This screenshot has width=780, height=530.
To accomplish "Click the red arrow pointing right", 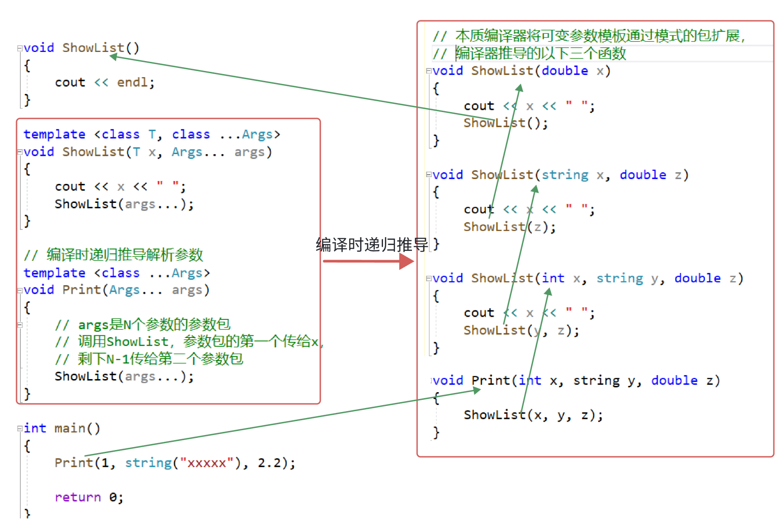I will (369, 261).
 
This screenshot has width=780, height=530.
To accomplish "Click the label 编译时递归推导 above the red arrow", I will (372, 245).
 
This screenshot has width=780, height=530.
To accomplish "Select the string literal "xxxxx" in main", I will (207, 463).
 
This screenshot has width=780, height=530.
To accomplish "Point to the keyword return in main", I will (78, 497).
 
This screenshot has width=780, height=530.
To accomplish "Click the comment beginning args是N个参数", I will (154, 324).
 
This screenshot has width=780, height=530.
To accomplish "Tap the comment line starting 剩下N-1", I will (160, 359).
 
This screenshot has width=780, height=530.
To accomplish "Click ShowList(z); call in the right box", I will (510, 227).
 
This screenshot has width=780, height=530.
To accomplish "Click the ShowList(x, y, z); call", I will (533, 415).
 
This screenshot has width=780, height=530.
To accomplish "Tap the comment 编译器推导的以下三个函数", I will (540, 54).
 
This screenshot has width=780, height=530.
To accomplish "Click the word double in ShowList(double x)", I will (565, 71).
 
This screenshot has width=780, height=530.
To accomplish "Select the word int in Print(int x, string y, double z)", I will (530, 381).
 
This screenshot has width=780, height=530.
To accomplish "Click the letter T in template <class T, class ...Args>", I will (152, 135).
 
